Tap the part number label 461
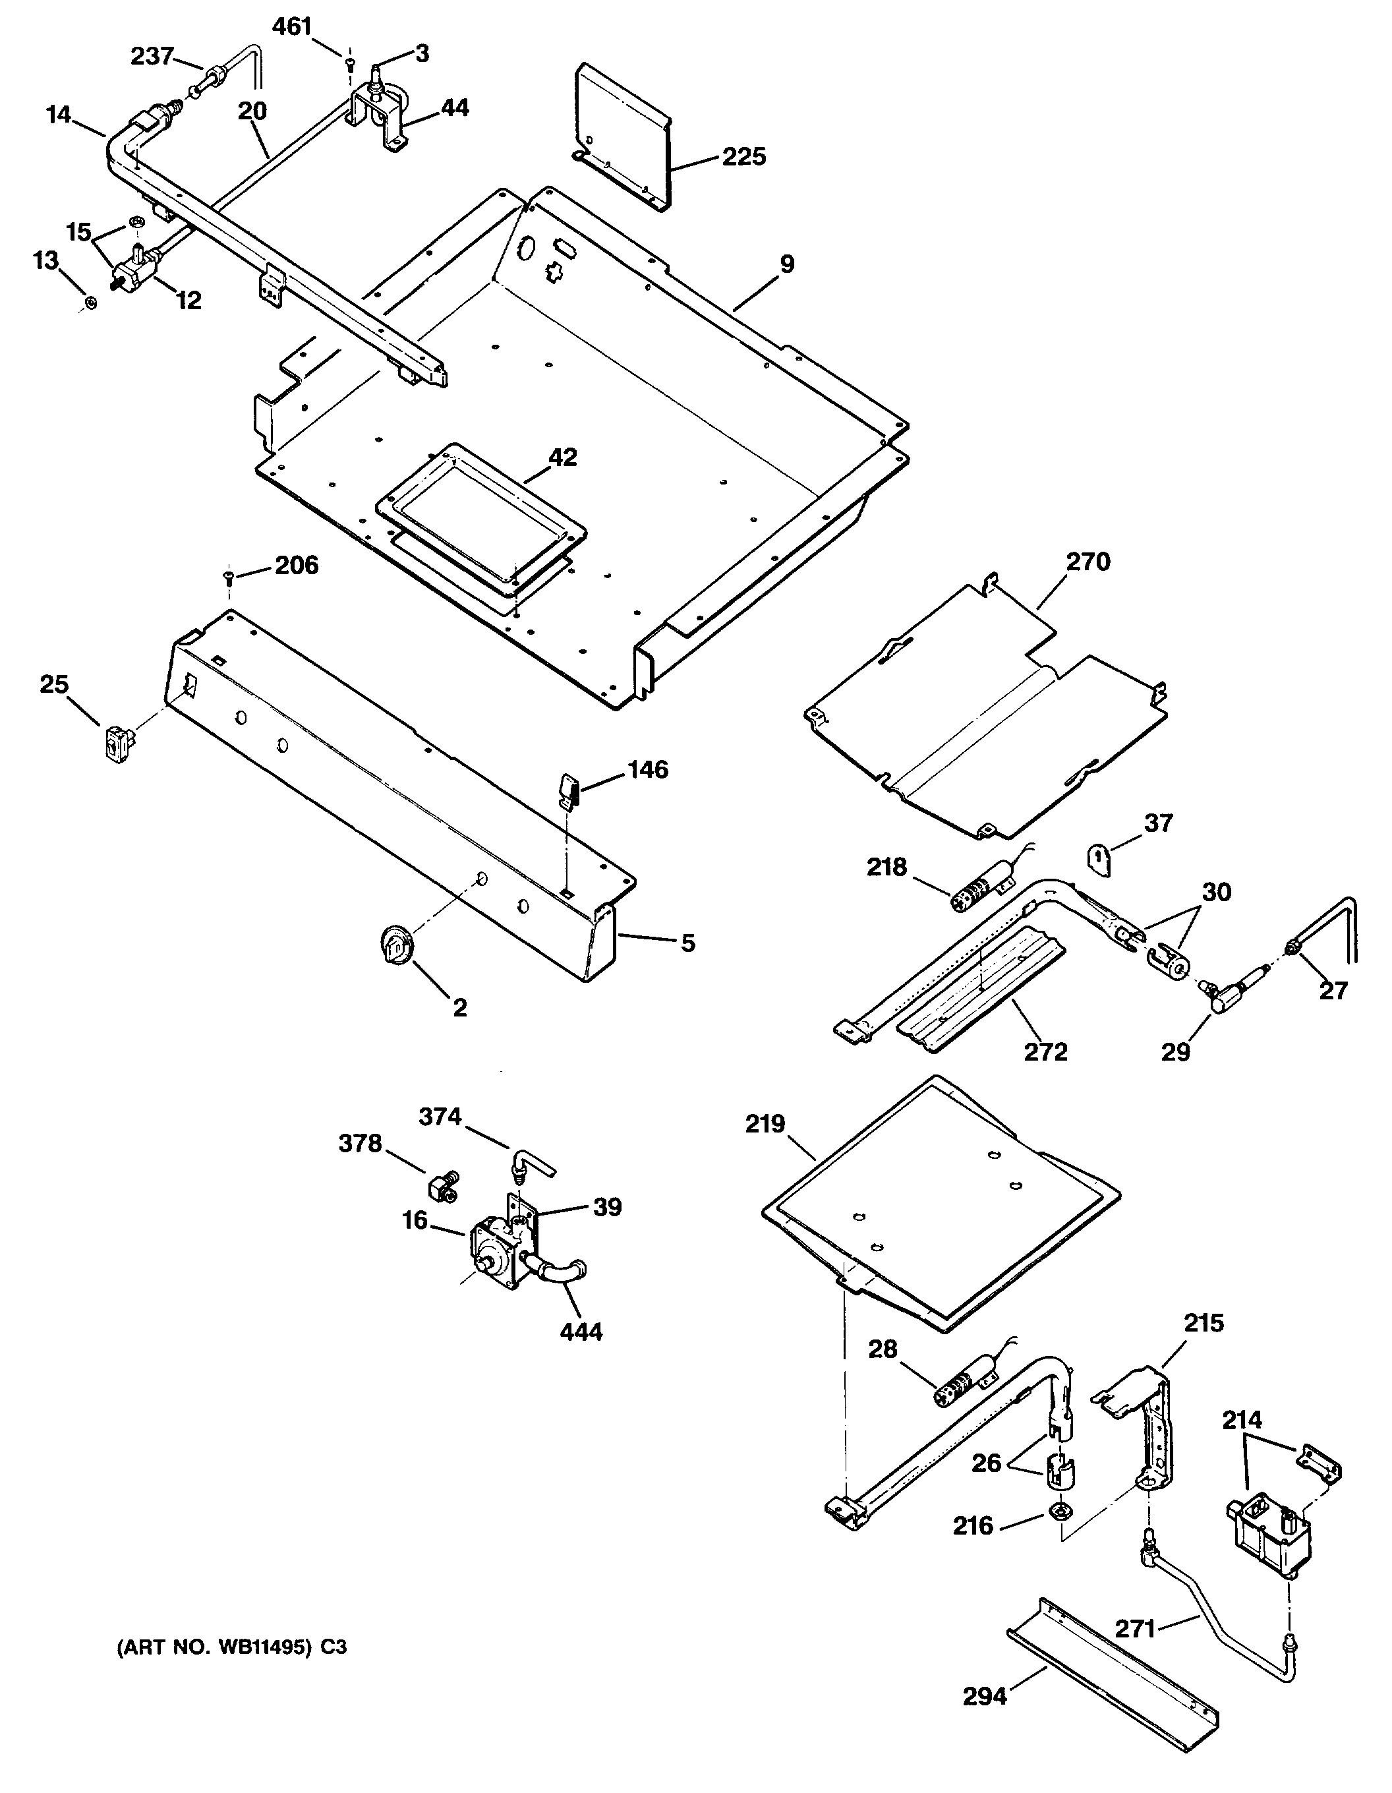coord(291,27)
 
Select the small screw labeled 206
coord(228,578)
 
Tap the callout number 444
coord(581,1331)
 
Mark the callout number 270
coord(1087,562)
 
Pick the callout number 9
coord(786,264)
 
